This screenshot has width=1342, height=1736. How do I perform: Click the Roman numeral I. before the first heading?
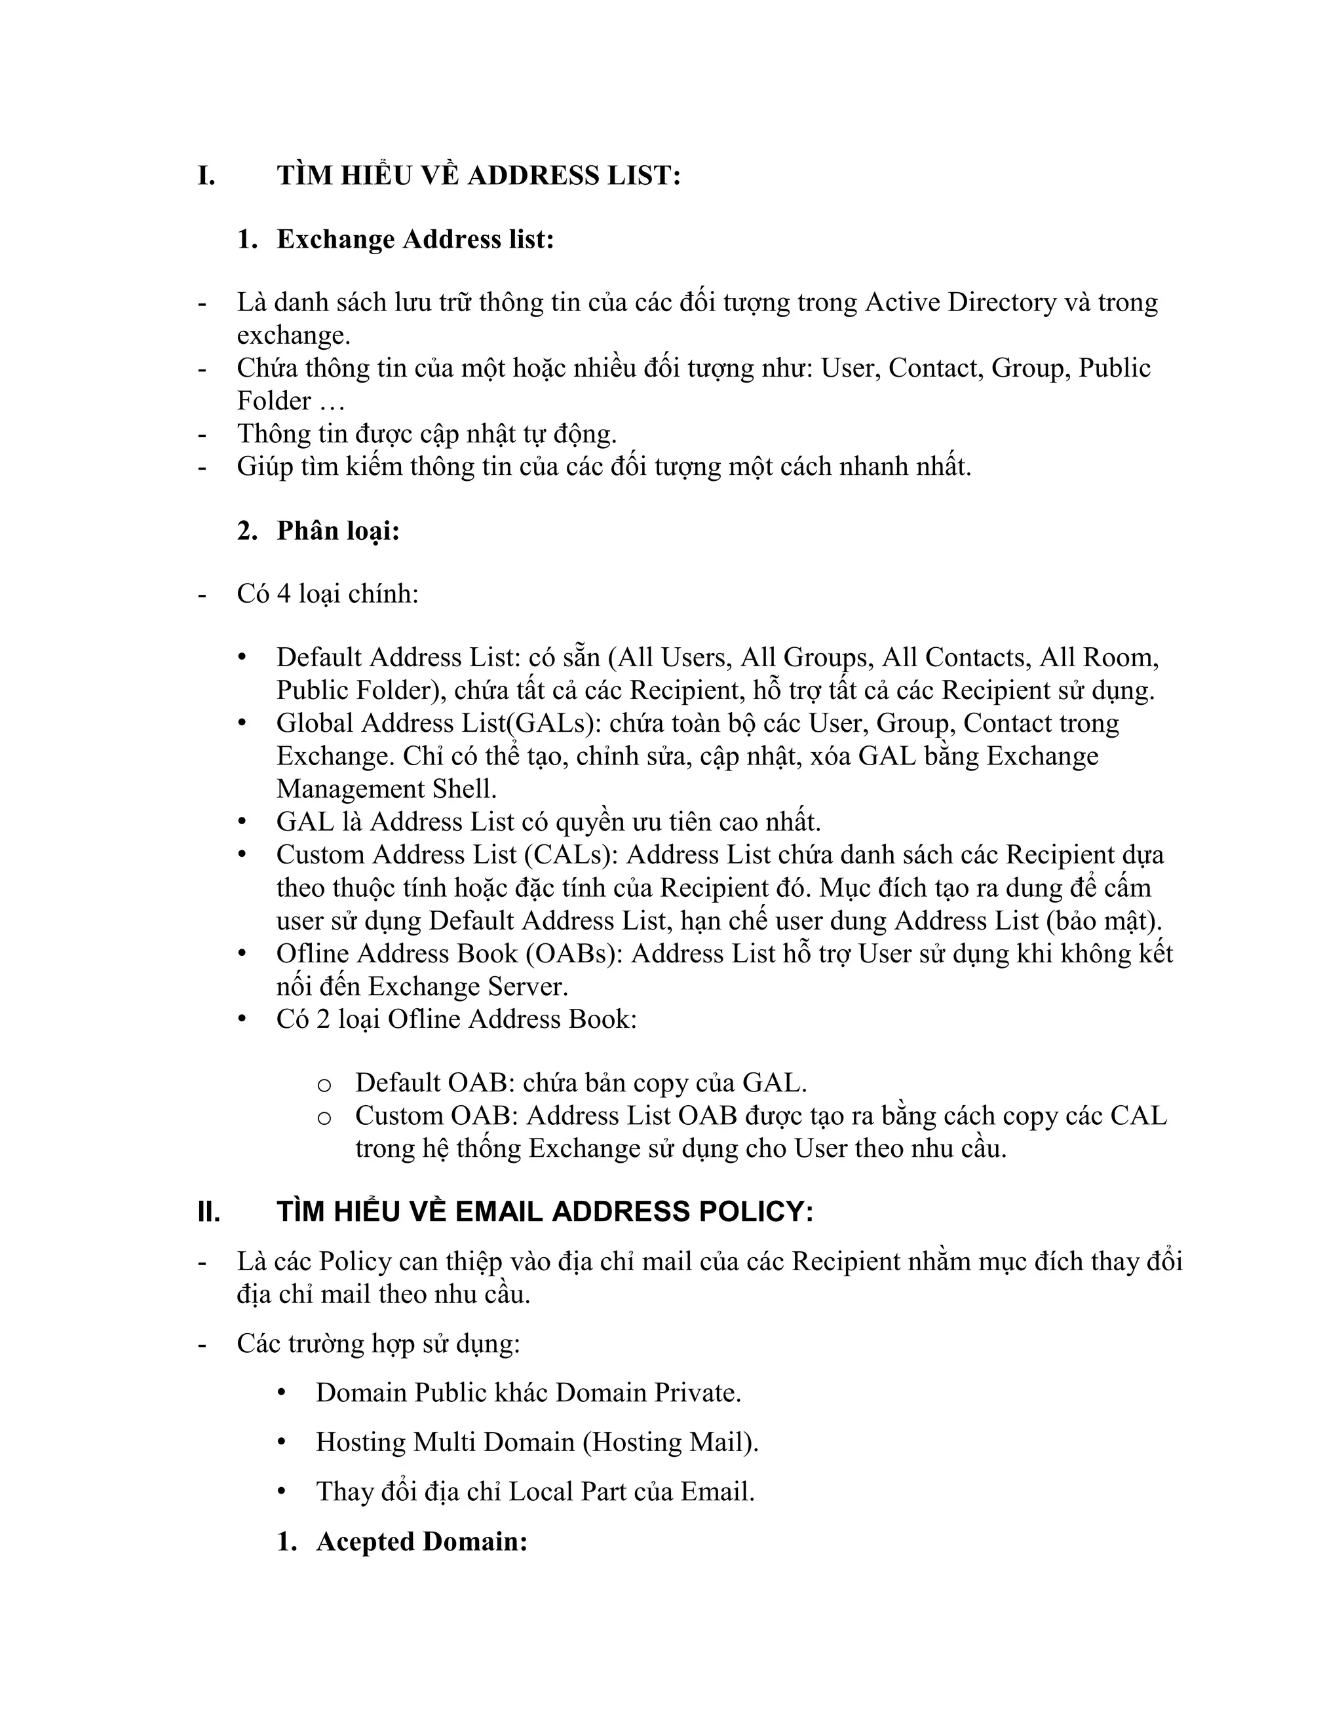(206, 176)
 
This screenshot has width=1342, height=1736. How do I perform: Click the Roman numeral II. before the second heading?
(209, 1212)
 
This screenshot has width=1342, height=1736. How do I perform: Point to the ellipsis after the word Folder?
(332, 402)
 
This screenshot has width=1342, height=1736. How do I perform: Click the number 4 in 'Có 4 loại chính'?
(283, 594)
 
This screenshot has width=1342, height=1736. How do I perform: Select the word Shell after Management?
(465, 789)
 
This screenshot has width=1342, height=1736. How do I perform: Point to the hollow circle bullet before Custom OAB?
(324, 1118)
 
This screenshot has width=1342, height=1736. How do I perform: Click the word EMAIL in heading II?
(499, 1212)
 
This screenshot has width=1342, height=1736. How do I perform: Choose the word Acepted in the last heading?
(365, 1541)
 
